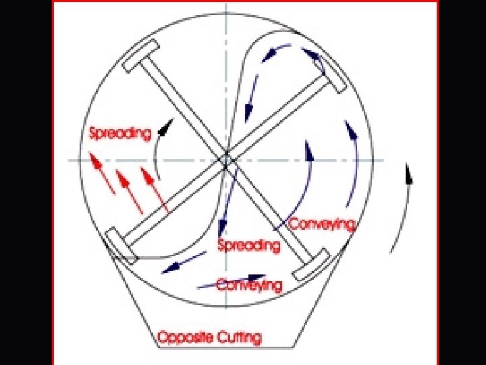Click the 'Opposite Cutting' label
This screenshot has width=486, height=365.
point(209,337)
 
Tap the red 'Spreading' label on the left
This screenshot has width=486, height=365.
point(120,133)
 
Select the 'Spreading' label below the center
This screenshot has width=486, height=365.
point(248,245)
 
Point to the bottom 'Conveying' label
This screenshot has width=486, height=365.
point(249,285)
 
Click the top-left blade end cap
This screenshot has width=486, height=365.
point(141,55)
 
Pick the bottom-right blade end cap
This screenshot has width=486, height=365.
point(310,264)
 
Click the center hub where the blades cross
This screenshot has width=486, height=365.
point(226,160)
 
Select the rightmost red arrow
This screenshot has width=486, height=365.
point(155,189)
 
